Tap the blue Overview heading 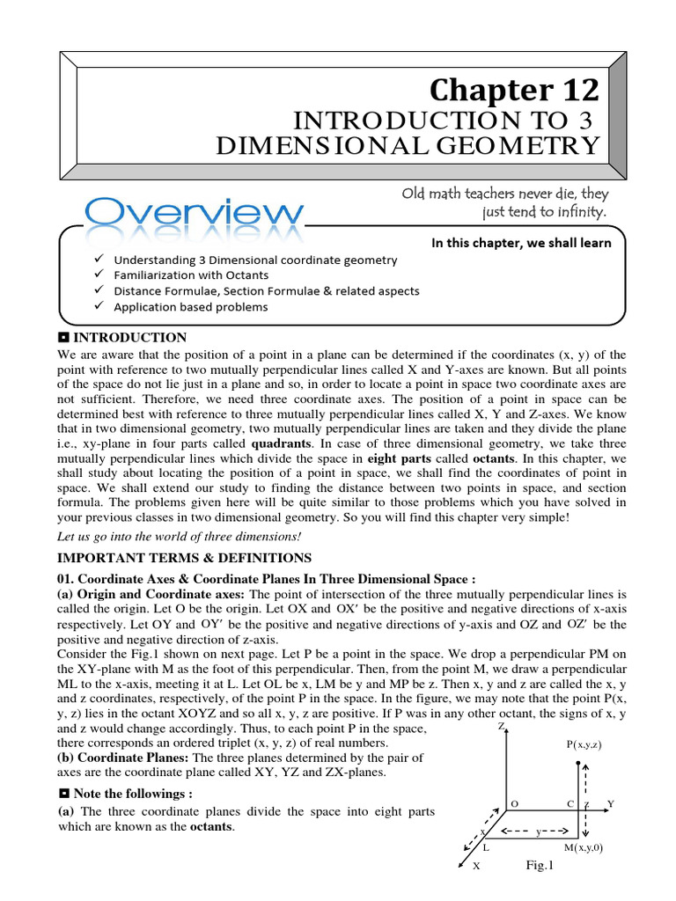coord(195,213)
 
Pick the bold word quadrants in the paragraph coord(283,444)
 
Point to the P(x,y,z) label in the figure coord(584,744)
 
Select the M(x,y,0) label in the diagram coord(584,848)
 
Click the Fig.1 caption coord(539,866)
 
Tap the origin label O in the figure coord(515,804)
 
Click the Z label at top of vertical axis coord(501,728)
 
